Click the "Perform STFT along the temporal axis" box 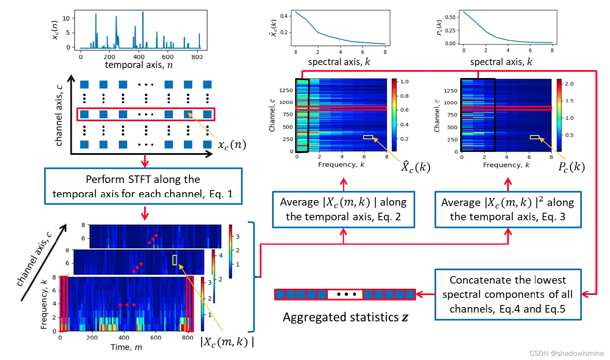[143, 186]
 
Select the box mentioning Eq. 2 [343, 209]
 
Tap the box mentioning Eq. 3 [508, 209]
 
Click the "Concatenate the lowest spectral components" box [508, 295]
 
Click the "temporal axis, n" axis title [139, 65]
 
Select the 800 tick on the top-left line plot [197, 57]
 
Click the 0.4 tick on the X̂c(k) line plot [284, 16]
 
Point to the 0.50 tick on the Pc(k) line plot [450, 17]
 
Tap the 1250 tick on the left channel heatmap [286, 90]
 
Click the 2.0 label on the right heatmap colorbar [569, 84]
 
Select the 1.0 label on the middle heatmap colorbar [404, 82]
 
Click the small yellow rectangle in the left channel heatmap [368, 137]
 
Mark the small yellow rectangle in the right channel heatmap [534, 137]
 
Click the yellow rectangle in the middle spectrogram [175, 260]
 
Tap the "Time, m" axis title [126, 347]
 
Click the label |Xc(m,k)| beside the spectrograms [227, 342]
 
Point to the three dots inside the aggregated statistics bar [346, 294]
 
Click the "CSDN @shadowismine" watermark [566, 353]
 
